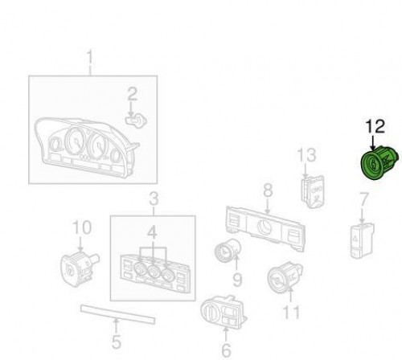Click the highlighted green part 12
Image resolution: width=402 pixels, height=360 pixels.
tap(379, 163)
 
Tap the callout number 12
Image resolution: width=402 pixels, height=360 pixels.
tap(375, 127)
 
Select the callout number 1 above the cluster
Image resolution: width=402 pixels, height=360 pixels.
tap(90, 58)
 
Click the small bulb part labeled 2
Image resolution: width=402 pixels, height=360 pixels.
tap(136, 121)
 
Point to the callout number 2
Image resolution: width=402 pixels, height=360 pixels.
tap(132, 94)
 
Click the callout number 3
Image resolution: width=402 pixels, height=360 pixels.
tap(154, 198)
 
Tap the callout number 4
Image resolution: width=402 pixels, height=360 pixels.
tap(152, 232)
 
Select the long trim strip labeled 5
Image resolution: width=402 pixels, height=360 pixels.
tap(117, 314)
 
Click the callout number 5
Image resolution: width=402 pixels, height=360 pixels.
tap(116, 342)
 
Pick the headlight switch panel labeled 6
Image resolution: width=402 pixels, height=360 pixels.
tap(224, 313)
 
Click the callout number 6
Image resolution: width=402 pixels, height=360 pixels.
tap(226, 350)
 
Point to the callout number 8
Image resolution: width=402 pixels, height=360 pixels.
tap(268, 190)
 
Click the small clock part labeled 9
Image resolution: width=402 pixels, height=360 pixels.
tap(228, 251)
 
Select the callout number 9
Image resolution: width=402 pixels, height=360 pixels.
tap(237, 280)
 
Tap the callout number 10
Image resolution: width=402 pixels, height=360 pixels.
tap(82, 227)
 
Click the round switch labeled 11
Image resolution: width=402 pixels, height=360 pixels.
tap(285, 277)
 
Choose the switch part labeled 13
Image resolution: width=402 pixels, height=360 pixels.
tap(313, 192)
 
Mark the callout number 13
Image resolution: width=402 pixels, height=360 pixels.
tap(306, 155)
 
